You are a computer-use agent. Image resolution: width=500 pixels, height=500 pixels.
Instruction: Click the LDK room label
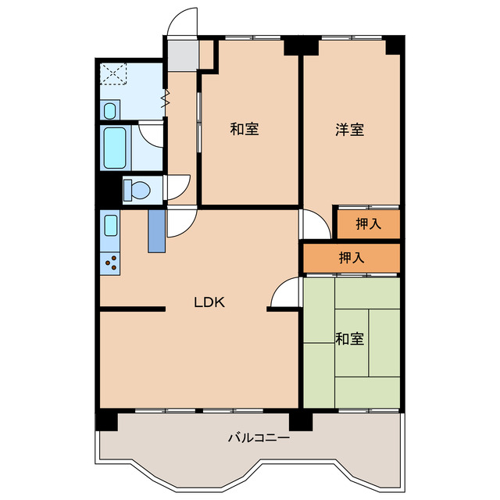tap(209, 302)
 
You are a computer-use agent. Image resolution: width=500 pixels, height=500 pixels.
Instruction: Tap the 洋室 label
tap(349, 130)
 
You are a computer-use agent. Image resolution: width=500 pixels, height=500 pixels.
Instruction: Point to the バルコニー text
tap(259, 437)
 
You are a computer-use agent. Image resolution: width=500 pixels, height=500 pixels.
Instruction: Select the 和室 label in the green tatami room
tap(349, 338)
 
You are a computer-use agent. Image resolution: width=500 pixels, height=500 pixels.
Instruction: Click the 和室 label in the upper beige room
tap(245, 129)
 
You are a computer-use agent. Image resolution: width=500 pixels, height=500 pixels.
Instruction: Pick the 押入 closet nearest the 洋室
tap(369, 224)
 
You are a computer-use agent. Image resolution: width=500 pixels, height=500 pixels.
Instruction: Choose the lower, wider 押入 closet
tap(352, 258)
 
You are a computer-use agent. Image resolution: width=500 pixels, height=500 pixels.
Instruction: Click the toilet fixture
tap(137, 190)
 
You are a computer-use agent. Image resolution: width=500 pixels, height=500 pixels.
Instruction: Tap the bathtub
tap(115, 148)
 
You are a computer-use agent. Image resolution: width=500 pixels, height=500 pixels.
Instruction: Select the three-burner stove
tap(110, 263)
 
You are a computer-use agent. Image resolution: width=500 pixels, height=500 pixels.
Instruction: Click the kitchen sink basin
tap(111, 226)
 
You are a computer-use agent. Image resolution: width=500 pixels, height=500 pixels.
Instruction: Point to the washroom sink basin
tap(109, 111)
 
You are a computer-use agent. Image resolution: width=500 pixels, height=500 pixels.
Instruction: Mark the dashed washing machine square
tap(113, 74)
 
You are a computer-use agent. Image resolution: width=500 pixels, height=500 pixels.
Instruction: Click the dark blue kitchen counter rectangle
tap(156, 231)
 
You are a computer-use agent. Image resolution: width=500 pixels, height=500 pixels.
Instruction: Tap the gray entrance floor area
tap(182, 55)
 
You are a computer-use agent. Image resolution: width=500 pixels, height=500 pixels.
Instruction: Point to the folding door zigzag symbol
tap(166, 98)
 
